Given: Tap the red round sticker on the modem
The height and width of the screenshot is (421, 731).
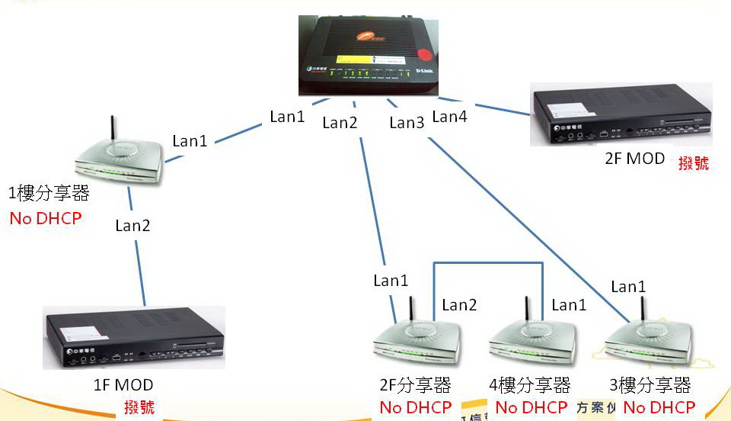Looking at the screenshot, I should [423, 55].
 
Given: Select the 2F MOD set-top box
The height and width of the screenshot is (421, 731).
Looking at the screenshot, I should [623, 119].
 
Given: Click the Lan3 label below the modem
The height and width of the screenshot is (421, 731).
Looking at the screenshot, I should [407, 123].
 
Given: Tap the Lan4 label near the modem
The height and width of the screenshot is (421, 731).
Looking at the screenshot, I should [449, 117].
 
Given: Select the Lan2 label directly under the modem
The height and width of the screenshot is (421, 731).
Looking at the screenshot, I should [340, 122].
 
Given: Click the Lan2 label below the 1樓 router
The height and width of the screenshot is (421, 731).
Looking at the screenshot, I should [132, 225].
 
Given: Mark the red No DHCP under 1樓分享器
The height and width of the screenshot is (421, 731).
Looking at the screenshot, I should [45, 219].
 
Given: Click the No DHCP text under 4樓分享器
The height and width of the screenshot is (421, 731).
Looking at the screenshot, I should [531, 407].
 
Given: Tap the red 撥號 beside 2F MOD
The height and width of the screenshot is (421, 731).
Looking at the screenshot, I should [693, 162].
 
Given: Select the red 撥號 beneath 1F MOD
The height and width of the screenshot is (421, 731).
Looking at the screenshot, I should [139, 407].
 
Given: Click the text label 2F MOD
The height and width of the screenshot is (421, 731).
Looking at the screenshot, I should [634, 159].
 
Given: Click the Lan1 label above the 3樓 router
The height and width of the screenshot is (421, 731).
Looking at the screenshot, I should [628, 287].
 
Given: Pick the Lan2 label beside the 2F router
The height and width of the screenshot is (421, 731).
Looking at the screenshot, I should [459, 305].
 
